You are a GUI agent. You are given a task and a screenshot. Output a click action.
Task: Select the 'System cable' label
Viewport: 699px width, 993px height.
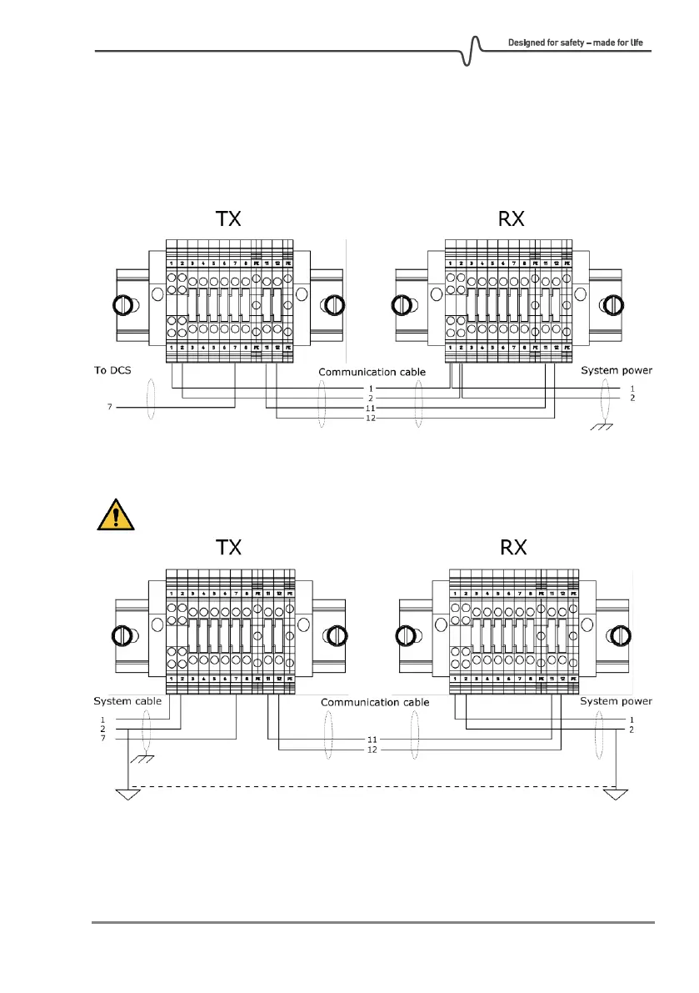[x=127, y=701]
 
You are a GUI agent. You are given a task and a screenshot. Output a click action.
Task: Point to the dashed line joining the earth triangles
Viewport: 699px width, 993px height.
[x=371, y=786]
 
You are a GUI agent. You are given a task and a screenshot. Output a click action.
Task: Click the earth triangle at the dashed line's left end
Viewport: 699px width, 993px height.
[x=127, y=794]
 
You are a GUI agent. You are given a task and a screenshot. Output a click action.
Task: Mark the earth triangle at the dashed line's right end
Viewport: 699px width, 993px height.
[x=615, y=794]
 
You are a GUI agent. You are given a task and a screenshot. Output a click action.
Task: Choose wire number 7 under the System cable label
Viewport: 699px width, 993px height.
[x=102, y=738]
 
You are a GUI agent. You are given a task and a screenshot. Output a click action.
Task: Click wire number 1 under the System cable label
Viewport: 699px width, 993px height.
[x=102, y=719]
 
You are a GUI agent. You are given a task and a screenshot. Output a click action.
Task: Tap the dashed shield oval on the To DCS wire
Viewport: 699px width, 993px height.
[x=150, y=401]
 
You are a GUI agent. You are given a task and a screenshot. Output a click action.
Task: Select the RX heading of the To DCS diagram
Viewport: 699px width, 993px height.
[x=507, y=219]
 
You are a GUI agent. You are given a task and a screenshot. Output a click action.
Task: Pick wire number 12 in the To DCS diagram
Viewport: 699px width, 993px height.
[x=371, y=418]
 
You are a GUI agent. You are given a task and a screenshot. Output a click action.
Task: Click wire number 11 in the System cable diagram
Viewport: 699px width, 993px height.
[x=371, y=739]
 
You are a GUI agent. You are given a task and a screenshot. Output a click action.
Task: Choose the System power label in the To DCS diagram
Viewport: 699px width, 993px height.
[x=617, y=370]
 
